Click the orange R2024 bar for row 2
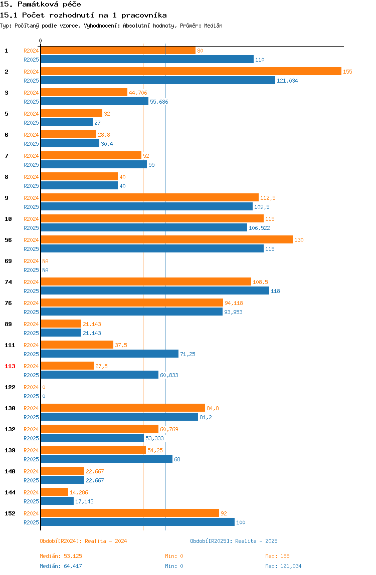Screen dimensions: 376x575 (191, 72)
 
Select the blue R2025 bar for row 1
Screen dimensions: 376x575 (147, 60)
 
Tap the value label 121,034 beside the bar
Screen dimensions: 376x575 (287, 81)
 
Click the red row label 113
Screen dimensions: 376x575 (10, 366)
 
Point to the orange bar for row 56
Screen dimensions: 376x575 (167, 240)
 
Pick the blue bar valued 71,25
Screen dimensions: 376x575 (109, 354)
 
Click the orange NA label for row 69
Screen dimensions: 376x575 (45, 261)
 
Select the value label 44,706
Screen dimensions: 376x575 (138, 93)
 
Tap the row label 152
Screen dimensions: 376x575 (10, 513)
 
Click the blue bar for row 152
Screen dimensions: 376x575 (138, 522)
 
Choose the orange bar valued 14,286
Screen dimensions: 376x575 (54, 492)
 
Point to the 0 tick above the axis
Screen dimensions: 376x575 (41, 41)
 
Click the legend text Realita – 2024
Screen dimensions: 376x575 (106, 541)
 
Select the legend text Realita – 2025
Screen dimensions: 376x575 (256, 541)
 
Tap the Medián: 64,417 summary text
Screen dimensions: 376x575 (61, 566)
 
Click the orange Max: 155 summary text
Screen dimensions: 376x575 (277, 556)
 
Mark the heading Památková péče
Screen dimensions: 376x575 (49, 5)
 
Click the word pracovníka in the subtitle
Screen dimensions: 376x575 (144, 16)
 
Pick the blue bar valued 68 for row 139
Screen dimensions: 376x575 (106, 459)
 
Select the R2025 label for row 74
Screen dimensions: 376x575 (31, 291)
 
